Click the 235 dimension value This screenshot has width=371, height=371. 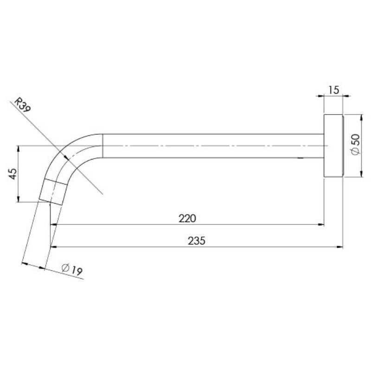[x=197, y=241]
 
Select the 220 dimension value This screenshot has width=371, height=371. [x=188, y=218]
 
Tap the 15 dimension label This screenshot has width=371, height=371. [x=334, y=90]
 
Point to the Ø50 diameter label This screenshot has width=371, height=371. [x=355, y=145]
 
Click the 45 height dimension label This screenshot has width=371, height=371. [x=13, y=173]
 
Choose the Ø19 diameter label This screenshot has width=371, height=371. [x=71, y=269]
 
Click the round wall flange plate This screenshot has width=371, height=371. [x=333, y=145]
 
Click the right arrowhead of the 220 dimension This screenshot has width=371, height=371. [x=321, y=225]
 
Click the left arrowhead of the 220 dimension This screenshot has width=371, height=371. [x=53, y=225]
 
